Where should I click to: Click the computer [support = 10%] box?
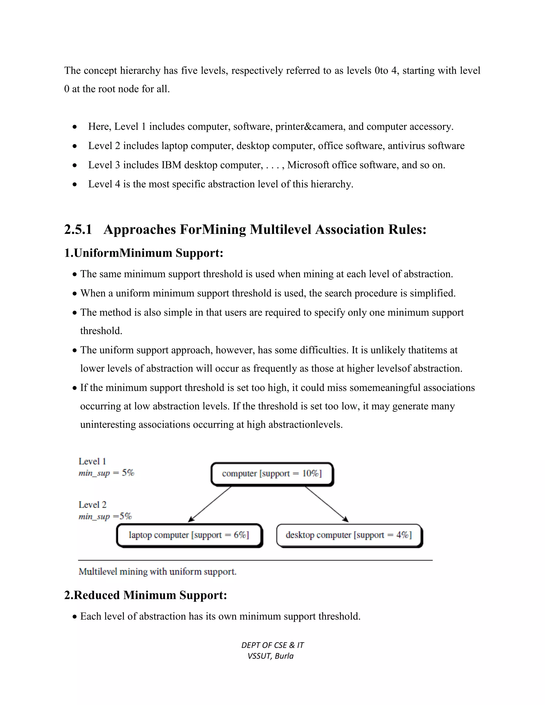pyautogui.click(x=272, y=474)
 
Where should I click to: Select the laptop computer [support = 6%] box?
pyautogui.click(x=189, y=536)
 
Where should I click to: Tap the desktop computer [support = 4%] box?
pyautogui.click(x=349, y=536)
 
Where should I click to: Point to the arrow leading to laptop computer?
pyautogui.click(x=210, y=504)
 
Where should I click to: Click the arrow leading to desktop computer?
pyautogui.click(x=327, y=504)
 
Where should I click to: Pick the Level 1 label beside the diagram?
pyautogui.click(x=92, y=462)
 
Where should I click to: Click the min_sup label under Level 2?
pyautogui.click(x=105, y=516)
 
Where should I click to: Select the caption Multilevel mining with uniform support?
pyautogui.click(x=158, y=572)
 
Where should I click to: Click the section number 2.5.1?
pyautogui.click(x=78, y=230)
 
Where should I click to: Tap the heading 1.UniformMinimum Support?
pyautogui.click(x=144, y=253)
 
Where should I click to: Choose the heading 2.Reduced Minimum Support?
pyautogui.click(x=146, y=595)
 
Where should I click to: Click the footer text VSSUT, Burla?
pyautogui.click(x=271, y=656)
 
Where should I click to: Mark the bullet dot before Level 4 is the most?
pyautogui.click(x=75, y=185)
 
